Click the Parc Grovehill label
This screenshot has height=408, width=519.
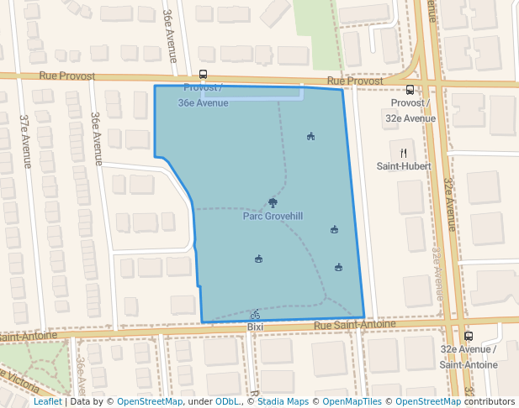(273, 216)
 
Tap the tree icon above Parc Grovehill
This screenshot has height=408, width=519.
(272, 202)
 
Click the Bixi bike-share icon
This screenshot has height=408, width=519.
(255, 314)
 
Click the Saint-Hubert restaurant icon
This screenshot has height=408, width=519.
(404, 153)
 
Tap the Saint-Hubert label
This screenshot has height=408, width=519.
(404, 166)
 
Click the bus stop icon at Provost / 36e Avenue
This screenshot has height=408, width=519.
(203, 75)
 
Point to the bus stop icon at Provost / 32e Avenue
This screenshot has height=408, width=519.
(410, 90)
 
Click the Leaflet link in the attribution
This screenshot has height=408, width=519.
(47, 401)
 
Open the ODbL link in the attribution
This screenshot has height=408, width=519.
(227, 401)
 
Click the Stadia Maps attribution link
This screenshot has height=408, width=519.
(282, 401)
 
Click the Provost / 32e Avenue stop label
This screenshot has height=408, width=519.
(410, 111)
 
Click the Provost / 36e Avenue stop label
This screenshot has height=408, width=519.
(203, 95)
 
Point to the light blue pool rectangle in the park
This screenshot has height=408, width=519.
(252, 94)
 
